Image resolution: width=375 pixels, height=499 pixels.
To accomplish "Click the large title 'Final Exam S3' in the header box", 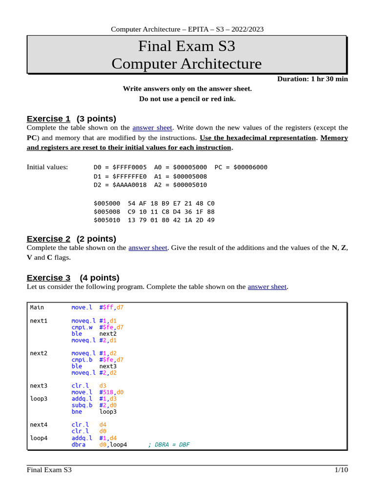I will (187, 46).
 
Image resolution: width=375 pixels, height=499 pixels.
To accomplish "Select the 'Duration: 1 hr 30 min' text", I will (312, 79).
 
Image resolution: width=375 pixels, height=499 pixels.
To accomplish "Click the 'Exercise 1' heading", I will (48, 118).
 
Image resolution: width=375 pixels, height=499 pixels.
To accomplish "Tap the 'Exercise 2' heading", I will (48, 239).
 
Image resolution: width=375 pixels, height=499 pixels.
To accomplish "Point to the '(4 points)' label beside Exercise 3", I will (100, 278).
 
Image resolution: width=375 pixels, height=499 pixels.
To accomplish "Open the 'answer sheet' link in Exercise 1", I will (152, 128).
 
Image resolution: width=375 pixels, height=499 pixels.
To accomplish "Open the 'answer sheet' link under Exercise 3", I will (267, 287).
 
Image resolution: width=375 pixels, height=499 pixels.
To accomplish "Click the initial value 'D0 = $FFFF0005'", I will (120, 167).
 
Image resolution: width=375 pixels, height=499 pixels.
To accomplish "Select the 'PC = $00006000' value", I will (241, 167).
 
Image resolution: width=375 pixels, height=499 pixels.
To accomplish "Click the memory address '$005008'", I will (106, 211).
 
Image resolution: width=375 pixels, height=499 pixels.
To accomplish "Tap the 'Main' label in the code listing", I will (37, 307).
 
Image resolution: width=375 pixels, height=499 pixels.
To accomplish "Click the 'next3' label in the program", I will (39, 385).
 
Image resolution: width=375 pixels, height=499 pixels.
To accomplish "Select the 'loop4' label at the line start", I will (39, 438).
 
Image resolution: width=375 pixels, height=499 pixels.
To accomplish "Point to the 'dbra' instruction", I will (79, 444).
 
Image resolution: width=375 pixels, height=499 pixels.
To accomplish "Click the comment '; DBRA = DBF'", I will (168, 444).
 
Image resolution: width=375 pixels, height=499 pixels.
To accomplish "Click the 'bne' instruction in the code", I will (77, 411).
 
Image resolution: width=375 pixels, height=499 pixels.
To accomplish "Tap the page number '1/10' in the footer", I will (341, 470).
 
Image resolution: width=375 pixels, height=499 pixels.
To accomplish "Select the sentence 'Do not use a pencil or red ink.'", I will (187, 98).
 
